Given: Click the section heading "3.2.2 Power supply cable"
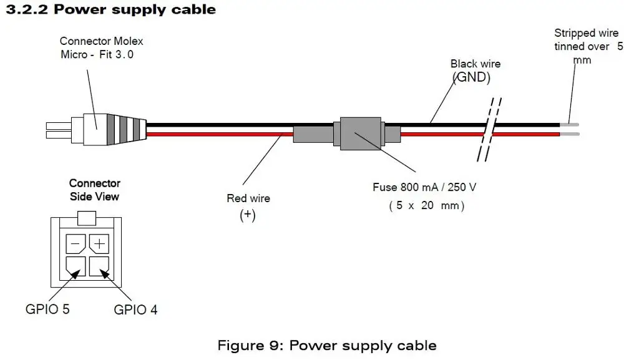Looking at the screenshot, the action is point(110,9).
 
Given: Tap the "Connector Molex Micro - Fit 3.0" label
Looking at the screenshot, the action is point(101,48).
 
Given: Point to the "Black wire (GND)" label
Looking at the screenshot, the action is point(474,71).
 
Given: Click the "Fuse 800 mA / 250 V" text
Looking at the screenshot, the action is point(424,187).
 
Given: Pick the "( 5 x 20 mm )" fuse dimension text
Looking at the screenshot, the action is point(427,206).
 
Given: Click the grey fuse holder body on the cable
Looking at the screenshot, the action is point(361,134).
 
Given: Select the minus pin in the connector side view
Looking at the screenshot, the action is point(76,243).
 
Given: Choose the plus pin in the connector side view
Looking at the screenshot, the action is point(99,243).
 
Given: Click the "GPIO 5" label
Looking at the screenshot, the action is point(47,309).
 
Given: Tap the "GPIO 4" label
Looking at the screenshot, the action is point(135,309).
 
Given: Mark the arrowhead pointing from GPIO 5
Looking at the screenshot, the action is point(76,275).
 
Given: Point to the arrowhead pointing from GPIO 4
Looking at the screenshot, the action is point(104,274).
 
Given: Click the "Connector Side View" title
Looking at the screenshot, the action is point(94,190).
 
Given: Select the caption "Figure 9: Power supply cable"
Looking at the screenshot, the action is point(327,345).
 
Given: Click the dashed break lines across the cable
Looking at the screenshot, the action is point(489,130).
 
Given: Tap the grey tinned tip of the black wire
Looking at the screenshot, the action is point(570,125).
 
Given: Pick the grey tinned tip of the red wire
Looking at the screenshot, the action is point(570,134).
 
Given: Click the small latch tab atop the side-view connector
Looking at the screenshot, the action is point(86,218).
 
